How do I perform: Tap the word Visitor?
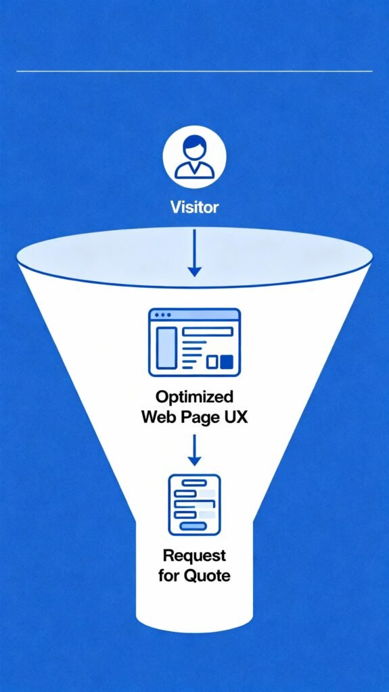[x=194, y=207]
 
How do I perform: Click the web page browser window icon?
[x=194, y=342]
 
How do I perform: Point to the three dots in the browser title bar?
[x=161, y=316]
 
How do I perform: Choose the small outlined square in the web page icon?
[x=212, y=362]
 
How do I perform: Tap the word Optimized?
[x=194, y=397]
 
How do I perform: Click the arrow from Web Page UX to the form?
[x=194, y=450]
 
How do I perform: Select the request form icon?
[x=194, y=504]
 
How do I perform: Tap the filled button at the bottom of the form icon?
[x=194, y=526]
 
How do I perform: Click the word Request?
[x=194, y=556]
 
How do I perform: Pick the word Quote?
[x=207, y=576]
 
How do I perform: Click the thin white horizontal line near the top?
[x=194, y=71]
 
